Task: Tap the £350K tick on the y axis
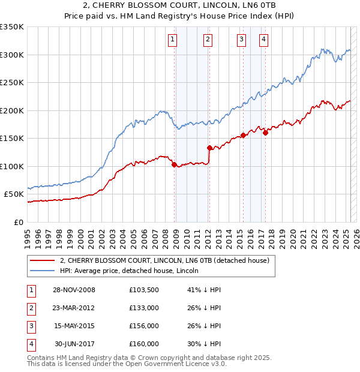click(12, 27)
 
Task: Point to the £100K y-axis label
click(12, 166)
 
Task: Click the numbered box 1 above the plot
click(172, 40)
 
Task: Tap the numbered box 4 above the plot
click(263, 40)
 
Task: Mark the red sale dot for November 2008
click(175, 164)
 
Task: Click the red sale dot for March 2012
click(209, 148)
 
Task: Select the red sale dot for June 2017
click(265, 133)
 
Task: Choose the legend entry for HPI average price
click(130, 271)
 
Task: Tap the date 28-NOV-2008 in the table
click(74, 290)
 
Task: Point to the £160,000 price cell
click(144, 344)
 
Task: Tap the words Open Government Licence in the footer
click(180, 364)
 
